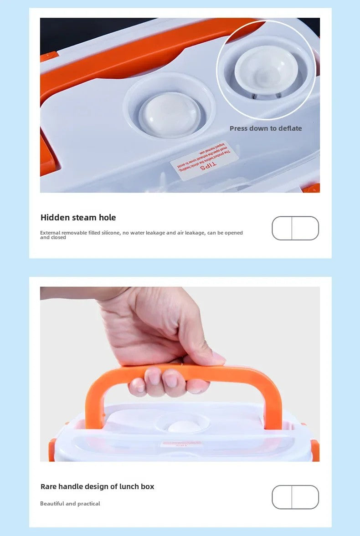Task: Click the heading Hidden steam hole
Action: (78, 218)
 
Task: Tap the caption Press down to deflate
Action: (266, 128)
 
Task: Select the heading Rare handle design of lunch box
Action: (97, 486)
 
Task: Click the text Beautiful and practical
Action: (70, 504)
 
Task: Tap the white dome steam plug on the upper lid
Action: (170, 114)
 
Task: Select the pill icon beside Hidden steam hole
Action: (295, 228)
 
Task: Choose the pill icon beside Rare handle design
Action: (295, 497)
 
